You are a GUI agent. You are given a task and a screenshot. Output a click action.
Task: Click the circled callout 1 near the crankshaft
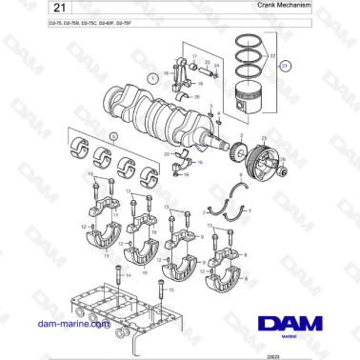151,73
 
